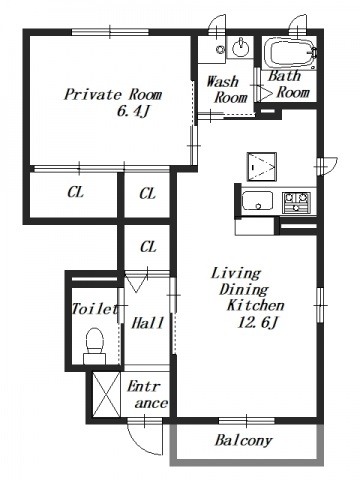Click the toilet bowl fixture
coord(94,345)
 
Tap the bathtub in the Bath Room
coord(290,54)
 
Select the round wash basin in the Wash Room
coord(240,49)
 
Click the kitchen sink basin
coord(257,200)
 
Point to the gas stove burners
coord(296,203)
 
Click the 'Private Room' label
coord(113,95)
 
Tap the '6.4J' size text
coord(132,112)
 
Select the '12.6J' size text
coord(257,322)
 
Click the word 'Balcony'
coord(244,441)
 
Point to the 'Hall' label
coord(148,323)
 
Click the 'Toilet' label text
coord(95,309)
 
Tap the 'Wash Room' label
coord(227,89)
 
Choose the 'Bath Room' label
coord(289,84)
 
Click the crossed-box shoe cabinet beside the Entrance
coord(106,394)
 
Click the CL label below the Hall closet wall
coord(148,247)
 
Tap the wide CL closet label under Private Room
coord(76,192)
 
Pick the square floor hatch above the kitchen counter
coord(262,167)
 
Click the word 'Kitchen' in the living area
coord(255,305)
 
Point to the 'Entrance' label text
coord(148,395)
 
